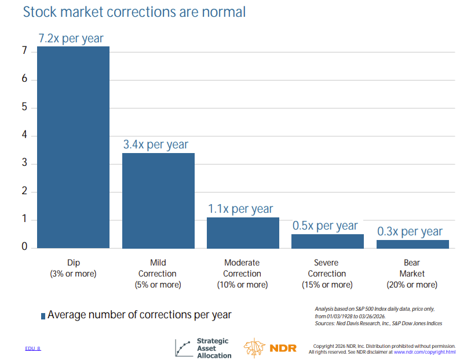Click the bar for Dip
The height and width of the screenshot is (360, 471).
point(73,147)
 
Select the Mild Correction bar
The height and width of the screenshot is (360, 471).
point(158,201)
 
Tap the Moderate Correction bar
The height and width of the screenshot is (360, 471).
point(243,233)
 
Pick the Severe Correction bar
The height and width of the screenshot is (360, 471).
point(327,241)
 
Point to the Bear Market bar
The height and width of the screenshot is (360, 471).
point(412,244)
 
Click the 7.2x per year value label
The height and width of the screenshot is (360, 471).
point(71,38)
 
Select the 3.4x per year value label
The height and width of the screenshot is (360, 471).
point(155,144)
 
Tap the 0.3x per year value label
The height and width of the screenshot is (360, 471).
point(410,231)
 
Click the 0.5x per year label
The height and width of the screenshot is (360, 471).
point(325,226)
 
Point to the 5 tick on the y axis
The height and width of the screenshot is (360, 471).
point(25,107)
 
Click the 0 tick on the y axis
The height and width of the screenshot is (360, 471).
point(25,247)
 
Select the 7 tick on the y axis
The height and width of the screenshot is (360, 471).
point(25,51)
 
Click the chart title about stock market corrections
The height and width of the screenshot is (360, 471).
point(134,12)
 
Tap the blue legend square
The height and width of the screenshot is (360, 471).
point(43,316)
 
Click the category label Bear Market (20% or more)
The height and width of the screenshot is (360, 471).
point(412,274)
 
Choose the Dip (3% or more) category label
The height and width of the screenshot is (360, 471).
point(73,268)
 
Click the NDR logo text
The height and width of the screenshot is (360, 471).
point(283,348)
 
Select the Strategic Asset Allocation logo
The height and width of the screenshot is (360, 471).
point(203,348)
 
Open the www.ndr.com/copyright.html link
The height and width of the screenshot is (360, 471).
point(424,352)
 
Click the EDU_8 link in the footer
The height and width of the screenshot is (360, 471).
point(33,348)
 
